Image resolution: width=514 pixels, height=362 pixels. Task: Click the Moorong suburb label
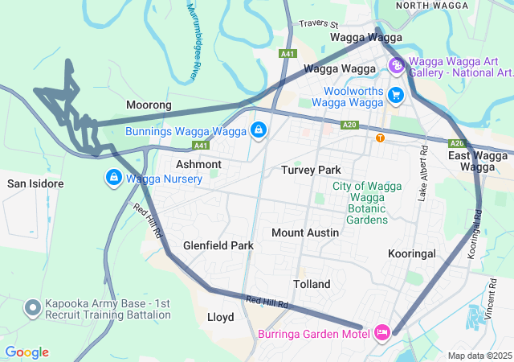149,105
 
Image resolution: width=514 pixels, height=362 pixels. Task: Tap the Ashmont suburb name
198,164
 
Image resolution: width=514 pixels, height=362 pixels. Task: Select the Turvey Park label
311,170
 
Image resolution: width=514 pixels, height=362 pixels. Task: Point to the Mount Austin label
304,232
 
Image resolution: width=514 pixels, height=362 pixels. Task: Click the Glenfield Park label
218,245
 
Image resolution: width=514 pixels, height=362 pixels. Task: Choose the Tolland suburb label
312,285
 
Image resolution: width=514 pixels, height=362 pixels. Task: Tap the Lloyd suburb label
220,317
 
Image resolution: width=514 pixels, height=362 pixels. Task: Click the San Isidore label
35,183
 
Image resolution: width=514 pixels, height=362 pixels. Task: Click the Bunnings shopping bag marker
259,130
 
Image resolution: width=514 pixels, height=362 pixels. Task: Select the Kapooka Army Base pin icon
33,307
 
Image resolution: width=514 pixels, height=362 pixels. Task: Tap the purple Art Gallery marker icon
396,65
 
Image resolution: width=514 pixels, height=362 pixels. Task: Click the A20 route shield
349,125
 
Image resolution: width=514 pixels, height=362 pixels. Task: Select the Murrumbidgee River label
193,40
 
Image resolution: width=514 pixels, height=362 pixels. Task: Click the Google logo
27,352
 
